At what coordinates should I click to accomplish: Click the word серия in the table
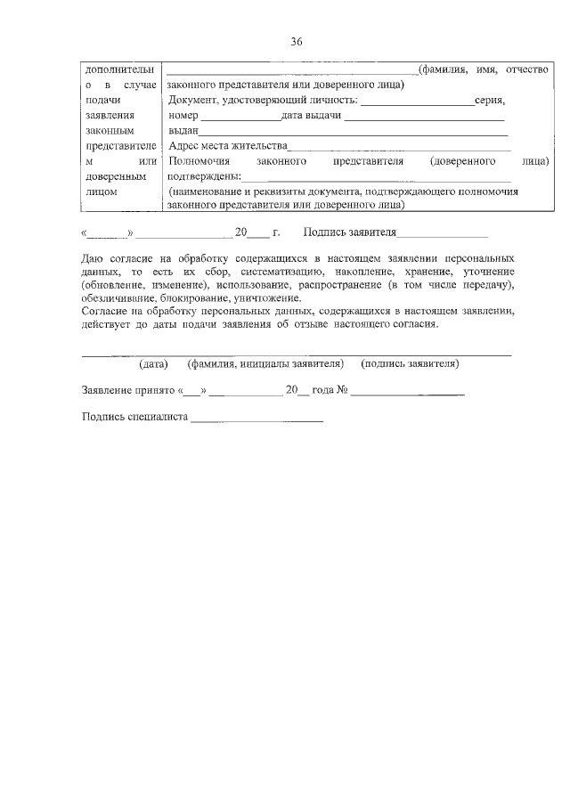pos(492,102)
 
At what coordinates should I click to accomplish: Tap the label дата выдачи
pos(312,117)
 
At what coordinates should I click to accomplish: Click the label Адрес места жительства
pos(228,146)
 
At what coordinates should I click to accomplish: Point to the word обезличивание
pos(118,298)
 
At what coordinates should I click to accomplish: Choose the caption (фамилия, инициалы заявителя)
pos(265,364)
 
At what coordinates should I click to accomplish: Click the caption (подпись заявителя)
pos(410,364)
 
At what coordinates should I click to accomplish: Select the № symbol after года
pos(341,391)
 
